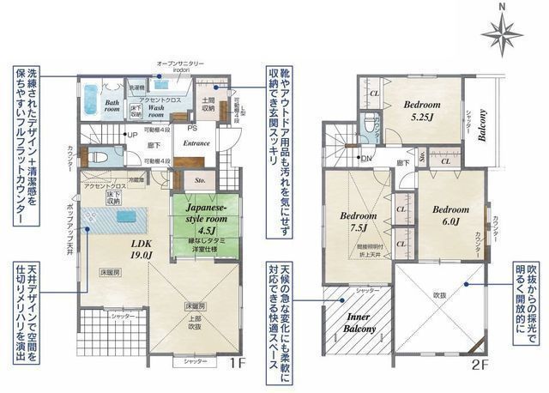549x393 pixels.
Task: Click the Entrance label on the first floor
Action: click(196, 144)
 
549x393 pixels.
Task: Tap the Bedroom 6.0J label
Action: click(449, 215)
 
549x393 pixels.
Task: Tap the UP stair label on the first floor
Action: click(131, 136)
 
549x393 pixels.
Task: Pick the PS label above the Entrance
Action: click(193, 128)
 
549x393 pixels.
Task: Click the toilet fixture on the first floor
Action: click(96, 158)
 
